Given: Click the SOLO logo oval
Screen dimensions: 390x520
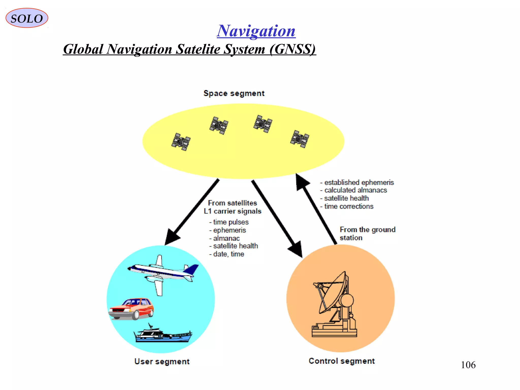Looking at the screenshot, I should point(27,18).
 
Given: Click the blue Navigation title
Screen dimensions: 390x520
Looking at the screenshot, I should point(256,31).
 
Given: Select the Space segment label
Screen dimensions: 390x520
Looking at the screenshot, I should point(234,93).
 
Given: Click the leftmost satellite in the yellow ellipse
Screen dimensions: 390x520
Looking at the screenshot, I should point(181,142).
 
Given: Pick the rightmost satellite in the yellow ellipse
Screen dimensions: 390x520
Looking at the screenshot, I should point(300,139).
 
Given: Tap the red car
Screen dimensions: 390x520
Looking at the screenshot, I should point(132,308).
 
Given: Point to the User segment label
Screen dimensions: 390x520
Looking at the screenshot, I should point(162,361).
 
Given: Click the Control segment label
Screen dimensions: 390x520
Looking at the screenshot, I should point(342,361).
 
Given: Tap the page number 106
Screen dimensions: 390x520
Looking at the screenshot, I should point(468,365).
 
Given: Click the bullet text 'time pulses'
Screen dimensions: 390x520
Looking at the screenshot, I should point(231,222).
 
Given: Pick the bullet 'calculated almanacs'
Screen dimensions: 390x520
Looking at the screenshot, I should point(355,190).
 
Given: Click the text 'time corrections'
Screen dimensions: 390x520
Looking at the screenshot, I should point(349,206).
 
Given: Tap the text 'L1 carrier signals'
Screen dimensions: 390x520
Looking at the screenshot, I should point(232,211).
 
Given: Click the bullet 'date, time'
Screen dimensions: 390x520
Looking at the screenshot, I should point(228,254).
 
